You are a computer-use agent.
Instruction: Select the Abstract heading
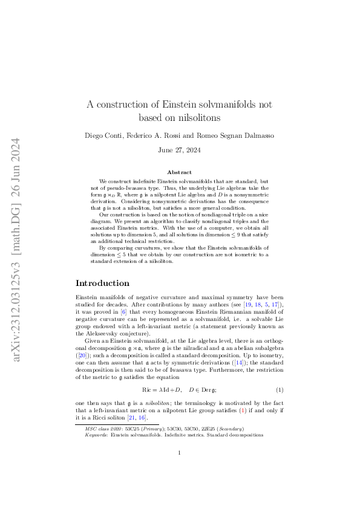point(180,172)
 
